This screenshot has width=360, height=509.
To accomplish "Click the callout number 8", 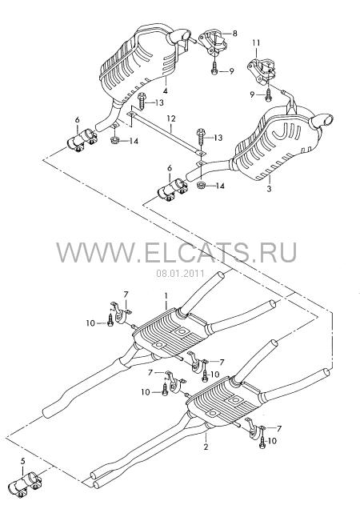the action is [234, 33].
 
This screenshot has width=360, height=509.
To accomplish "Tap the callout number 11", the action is [256, 43].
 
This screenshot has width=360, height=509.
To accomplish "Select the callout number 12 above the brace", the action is [171, 118].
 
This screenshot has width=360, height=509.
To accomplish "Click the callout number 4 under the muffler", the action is [166, 91].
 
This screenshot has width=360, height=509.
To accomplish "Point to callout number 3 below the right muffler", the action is [269, 188].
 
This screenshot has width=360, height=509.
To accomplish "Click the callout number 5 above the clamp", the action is [22, 460].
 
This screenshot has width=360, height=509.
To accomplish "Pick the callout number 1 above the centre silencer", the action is [166, 296].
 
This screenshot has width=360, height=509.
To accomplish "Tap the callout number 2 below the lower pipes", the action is [206, 447].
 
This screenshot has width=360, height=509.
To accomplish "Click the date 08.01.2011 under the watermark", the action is [181, 274].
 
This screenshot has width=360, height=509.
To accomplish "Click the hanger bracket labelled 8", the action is [213, 42].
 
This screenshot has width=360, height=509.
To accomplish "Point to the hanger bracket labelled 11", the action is [262, 71].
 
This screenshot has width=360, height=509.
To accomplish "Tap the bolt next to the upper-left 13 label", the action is [142, 101].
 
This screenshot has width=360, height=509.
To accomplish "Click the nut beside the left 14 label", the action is [115, 141].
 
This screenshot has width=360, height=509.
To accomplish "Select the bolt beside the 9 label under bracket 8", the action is [214, 69].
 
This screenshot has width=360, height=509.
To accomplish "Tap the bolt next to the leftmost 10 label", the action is [110, 320].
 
